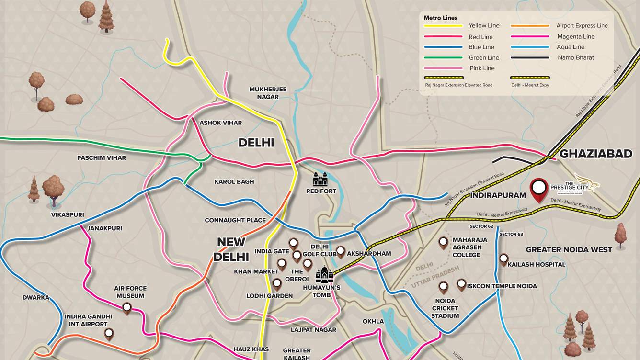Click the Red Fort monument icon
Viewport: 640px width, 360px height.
320,180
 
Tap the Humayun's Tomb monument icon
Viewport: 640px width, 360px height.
324,275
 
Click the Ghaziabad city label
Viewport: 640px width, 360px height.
596,154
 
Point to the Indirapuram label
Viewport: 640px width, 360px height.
498,195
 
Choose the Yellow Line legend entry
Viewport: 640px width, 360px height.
484,25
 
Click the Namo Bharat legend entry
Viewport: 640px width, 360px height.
575,57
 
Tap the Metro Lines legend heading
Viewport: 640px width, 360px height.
440,18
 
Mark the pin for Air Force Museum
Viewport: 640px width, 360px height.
127,308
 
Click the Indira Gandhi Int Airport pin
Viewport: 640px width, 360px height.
109,334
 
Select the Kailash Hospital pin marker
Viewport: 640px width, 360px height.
503,259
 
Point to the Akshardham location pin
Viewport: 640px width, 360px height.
341,251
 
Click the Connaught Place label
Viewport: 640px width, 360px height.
235,220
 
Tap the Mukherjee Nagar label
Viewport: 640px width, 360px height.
268,93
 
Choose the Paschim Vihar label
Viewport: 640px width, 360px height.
102,157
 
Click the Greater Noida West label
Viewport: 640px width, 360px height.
569,249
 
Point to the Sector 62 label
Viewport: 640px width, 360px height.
481,226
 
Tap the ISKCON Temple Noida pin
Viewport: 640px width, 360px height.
461,285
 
